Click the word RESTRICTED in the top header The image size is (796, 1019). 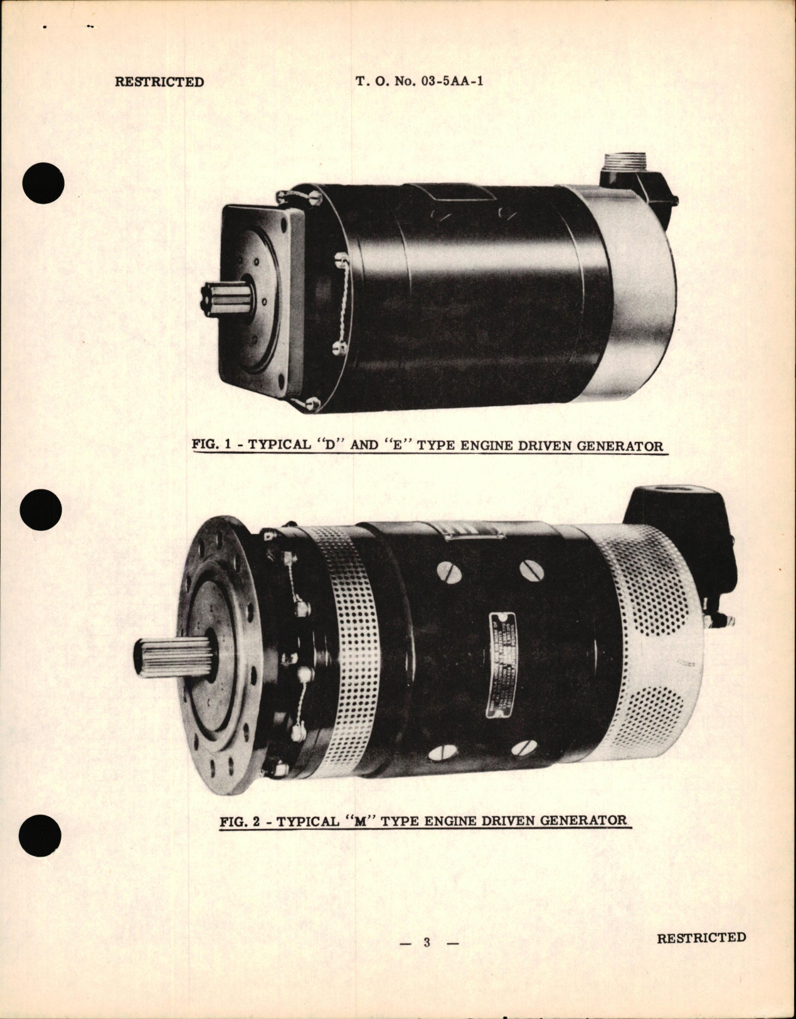point(159,82)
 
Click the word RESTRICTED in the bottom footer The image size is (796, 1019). point(701,938)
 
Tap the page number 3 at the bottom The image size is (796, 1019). point(427,943)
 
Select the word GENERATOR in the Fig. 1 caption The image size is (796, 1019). point(613,446)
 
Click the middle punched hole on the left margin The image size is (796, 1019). point(41,510)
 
